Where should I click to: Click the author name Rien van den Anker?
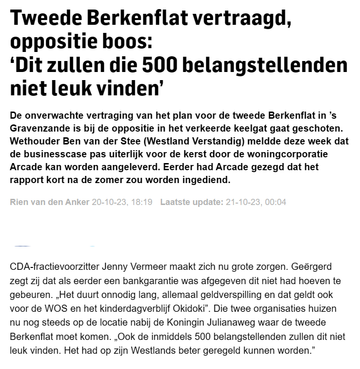tap(50, 202)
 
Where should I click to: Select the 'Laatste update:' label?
tap(191, 202)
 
